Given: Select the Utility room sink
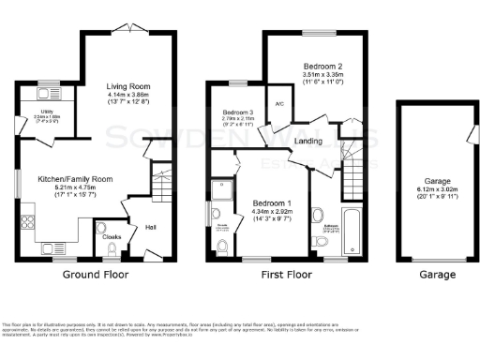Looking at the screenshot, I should (45, 94).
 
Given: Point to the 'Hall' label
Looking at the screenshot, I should (150, 226).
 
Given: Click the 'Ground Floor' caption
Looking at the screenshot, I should (95, 275).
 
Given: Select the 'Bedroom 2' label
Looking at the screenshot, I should (321, 67).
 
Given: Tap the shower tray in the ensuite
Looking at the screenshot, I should (223, 192).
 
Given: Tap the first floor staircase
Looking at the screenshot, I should (356, 178).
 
